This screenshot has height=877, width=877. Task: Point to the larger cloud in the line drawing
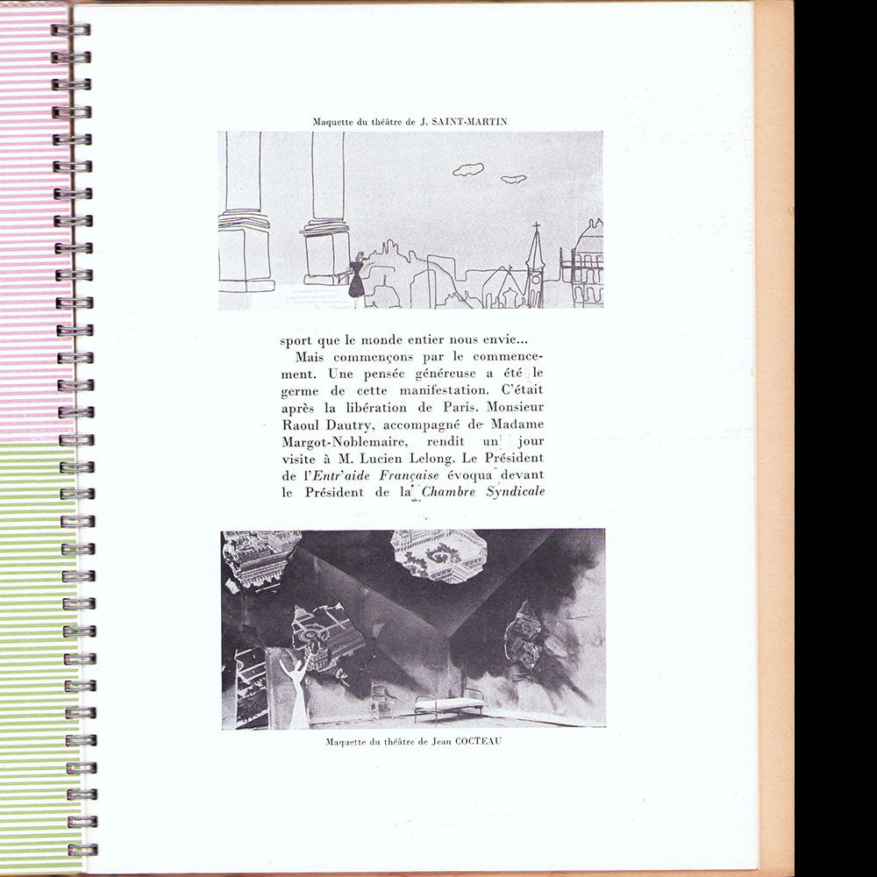coord(468,168)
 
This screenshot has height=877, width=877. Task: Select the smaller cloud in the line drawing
coord(513,179)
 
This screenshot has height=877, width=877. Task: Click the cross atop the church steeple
coord(535,229)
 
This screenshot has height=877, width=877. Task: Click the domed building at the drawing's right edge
coord(588,263)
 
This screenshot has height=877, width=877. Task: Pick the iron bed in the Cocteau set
coord(449,702)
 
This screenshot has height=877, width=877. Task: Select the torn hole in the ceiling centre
coord(438,554)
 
